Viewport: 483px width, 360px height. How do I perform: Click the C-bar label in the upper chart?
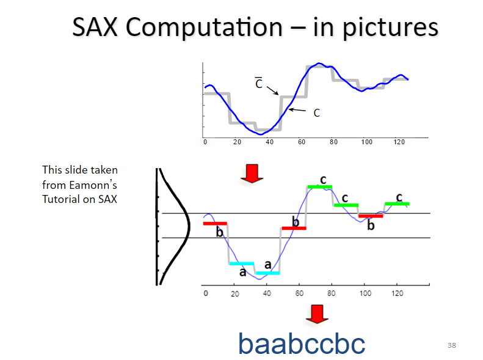coord(259,84)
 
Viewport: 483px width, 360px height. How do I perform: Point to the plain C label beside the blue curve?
coord(316,113)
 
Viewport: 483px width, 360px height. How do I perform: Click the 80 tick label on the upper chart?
coord(333,142)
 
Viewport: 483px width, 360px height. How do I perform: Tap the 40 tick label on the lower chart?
coord(267,293)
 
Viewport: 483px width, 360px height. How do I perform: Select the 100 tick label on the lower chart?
coord(365,293)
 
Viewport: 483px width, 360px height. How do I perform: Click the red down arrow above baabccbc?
coord(316,313)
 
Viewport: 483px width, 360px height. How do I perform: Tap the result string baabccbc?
coord(302,343)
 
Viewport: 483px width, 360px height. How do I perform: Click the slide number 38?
coord(451,346)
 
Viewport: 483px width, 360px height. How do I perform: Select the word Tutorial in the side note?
coord(60,198)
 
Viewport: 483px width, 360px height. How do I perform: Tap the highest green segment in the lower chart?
coord(319,186)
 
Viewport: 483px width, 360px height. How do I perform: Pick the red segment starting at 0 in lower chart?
coord(215,224)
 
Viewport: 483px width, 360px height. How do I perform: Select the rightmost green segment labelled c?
coord(397,204)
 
